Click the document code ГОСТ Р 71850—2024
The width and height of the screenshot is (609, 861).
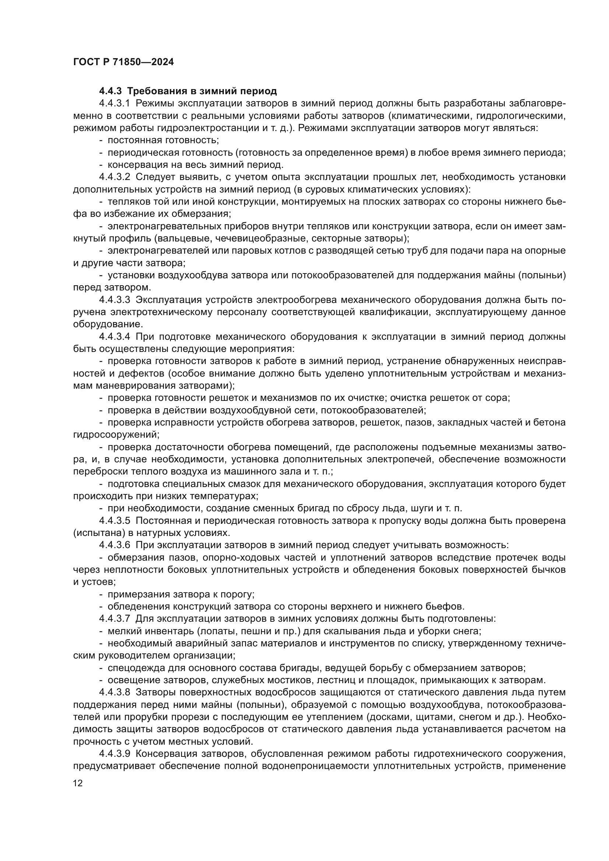(x=123, y=62)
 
